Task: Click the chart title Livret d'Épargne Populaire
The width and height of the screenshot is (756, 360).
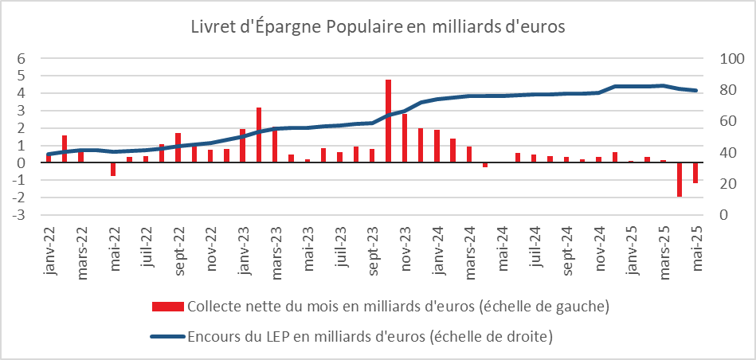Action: pos(378,26)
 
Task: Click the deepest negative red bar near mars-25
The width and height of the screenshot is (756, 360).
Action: pos(680,179)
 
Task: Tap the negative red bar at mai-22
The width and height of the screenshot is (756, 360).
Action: pos(113,169)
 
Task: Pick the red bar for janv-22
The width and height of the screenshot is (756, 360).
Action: pos(49,158)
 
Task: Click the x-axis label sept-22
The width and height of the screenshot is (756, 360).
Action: pos(178,252)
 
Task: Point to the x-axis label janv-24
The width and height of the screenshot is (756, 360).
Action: pos(437,252)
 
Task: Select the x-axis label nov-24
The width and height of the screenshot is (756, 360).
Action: pos(599,252)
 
